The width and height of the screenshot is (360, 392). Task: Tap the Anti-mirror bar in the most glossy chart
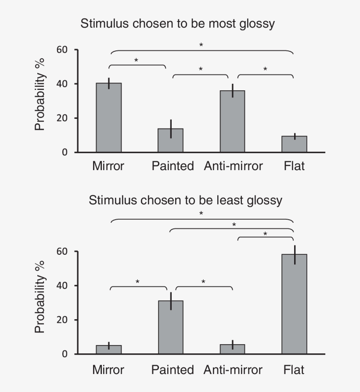point(233,121)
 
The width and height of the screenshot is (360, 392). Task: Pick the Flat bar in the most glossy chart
point(294,144)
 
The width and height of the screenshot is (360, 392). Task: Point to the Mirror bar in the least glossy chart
point(109,349)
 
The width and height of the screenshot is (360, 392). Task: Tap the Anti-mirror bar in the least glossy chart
point(233,349)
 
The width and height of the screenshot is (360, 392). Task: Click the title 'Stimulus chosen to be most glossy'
point(177,24)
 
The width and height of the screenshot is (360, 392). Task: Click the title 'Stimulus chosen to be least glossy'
point(185,201)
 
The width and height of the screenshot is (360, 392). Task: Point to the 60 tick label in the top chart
point(62,50)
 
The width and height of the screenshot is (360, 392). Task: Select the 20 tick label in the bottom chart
point(62,320)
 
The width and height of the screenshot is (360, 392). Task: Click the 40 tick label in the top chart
point(62,84)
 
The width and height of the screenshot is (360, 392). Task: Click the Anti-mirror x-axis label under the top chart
point(233,166)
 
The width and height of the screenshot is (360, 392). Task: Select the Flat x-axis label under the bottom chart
point(294,370)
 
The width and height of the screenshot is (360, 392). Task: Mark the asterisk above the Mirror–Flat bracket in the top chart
point(201,45)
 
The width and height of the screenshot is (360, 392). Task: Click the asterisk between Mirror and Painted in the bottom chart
point(137,282)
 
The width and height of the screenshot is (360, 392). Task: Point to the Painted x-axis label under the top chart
point(173,166)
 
